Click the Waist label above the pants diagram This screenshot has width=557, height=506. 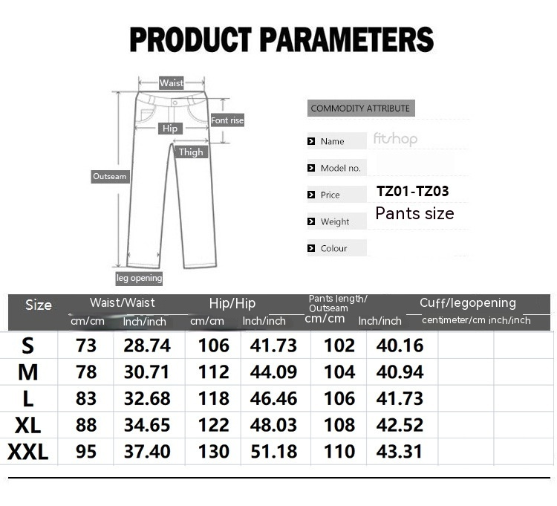click(172, 82)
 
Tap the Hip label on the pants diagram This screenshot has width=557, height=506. click(170, 129)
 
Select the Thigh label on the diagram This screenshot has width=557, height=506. click(191, 152)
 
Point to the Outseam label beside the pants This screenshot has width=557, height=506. click(110, 176)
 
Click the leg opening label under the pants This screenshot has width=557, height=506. click(140, 278)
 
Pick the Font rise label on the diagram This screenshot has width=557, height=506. click(227, 120)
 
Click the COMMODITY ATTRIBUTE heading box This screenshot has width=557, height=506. click(361, 108)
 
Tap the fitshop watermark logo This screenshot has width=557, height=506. click(395, 139)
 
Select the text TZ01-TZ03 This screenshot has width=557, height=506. click(412, 191)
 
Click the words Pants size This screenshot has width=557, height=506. click(414, 213)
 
